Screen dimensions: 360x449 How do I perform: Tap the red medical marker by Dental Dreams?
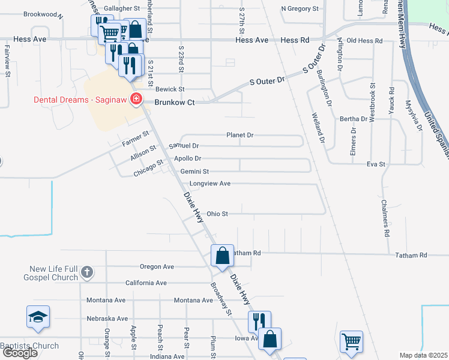pyautogui.click(x=137, y=99)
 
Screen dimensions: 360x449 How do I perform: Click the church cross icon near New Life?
pyautogui.click(x=86, y=272)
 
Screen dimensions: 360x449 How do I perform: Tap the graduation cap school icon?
pyautogui.click(x=38, y=317)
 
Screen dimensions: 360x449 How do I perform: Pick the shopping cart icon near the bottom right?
pyautogui.click(x=351, y=342)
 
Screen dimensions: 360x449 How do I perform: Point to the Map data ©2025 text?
pyautogui.click(x=423, y=355)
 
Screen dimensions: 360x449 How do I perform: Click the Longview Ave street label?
pyautogui.click(x=210, y=184)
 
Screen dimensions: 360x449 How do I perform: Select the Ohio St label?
pyautogui.click(x=217, y=214)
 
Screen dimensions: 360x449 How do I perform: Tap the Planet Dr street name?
pyautogui.click(x=240, y=135)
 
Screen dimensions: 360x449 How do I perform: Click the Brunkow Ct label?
pyautogui.click(x=175, y=103)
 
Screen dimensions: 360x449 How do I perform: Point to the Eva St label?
pyautogui.click(x=376, y=163)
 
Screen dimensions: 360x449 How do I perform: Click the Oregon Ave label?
pyautogui.click(x=157, y=266)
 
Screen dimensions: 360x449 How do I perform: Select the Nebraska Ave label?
pyautogui.click(x=107, y=319)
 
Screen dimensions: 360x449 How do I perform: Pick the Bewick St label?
pyautogui.click(x=170, y=89)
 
